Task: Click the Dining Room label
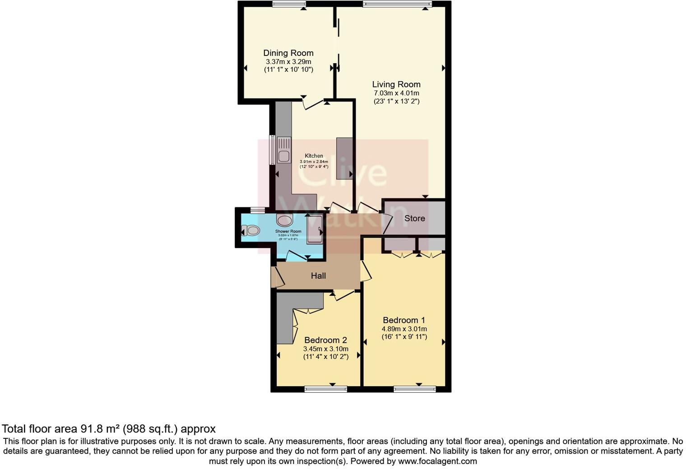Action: click(288, 53)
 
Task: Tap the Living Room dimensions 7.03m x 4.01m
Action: click(396, 93)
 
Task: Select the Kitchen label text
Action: click(314, 156)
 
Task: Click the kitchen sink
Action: click(283, 156)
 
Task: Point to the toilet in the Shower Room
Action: click(251, 231)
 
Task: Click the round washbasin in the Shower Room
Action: click(284, 221)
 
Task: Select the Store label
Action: click(414, 218)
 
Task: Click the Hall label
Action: click(318, 276)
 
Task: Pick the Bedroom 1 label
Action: click(404, 320)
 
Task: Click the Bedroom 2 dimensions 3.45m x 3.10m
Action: click(326, 349)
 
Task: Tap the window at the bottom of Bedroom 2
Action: click(325, 389)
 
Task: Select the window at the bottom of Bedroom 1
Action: click(414, 389)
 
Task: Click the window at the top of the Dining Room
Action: click(289, 4)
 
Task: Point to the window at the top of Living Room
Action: click(397, 4)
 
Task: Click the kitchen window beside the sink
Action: click(272, 150)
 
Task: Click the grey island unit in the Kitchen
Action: click(344, 159)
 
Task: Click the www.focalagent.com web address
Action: click(437, 461)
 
